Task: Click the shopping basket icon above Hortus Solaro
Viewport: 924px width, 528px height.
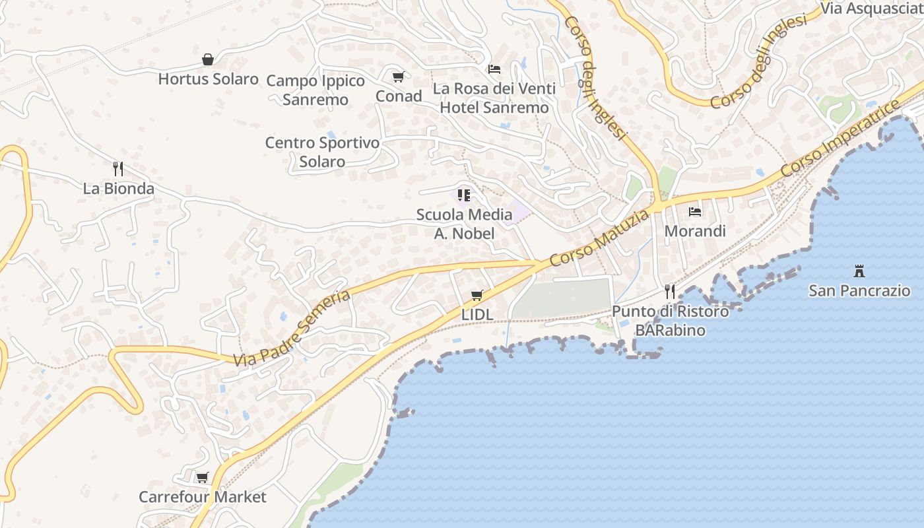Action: pos(208,59)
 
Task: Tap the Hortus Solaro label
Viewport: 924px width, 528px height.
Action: pos(208,79)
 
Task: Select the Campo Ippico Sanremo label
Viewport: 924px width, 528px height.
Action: pos(315,90)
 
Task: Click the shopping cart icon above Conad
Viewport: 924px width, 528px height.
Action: pos(398,77)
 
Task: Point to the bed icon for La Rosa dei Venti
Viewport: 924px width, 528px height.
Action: pos(494,69)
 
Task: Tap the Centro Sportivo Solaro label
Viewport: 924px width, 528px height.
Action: pos(322,152)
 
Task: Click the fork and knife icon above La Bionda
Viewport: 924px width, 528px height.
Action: pos(118,169)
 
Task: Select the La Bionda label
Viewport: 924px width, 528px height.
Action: pos(119,189)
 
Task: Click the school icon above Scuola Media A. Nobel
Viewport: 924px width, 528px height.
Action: pos(464,195)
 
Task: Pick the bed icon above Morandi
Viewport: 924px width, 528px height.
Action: pos(695,212)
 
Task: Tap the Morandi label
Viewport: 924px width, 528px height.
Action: pos(695,231)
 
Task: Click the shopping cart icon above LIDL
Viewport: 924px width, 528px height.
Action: pos(477,295)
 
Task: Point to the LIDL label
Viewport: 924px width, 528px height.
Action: pos(477,315)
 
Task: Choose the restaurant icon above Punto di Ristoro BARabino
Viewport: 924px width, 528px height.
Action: pos(670,291)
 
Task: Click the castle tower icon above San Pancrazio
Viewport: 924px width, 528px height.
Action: pos(859,271)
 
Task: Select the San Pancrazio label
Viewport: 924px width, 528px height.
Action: pos(859,290)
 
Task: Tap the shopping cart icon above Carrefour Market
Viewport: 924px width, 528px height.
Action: pos(203,477)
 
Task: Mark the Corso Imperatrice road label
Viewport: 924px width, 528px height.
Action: pos(841,139)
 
